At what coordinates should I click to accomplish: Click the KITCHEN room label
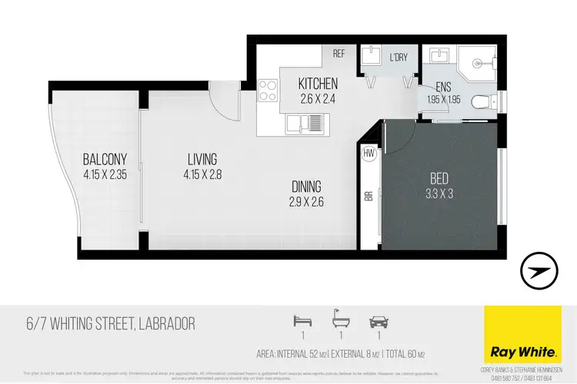pos(318,83)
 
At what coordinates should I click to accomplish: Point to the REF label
pos(339,54)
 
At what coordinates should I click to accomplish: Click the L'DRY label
pos(399,58)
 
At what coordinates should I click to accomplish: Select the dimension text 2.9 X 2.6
pos(306,204)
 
